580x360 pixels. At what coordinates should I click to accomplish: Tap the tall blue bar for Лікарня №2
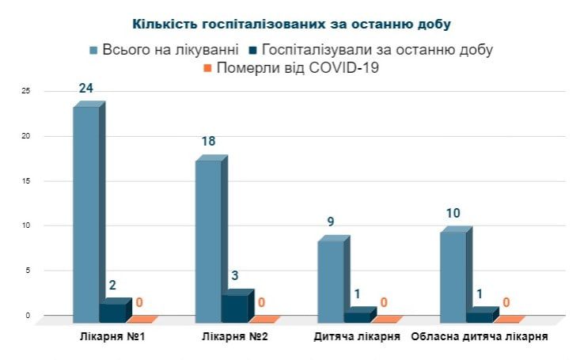(209, 237)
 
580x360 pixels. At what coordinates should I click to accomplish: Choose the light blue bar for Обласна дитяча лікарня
(453, 275)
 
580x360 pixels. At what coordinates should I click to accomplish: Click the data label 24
(86, 88)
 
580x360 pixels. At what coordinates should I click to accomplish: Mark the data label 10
(453, 214)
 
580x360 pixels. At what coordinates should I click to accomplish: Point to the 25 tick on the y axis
(25, 92)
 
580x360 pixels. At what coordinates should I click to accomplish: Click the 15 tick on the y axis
(25, 181)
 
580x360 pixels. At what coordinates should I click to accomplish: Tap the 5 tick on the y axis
(27, 271)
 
